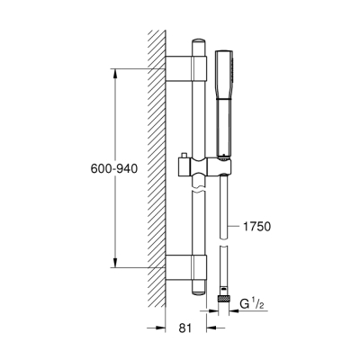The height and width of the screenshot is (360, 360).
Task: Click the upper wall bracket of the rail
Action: [x=184, y=68]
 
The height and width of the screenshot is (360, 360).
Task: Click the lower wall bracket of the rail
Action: [x=184, y=265]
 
